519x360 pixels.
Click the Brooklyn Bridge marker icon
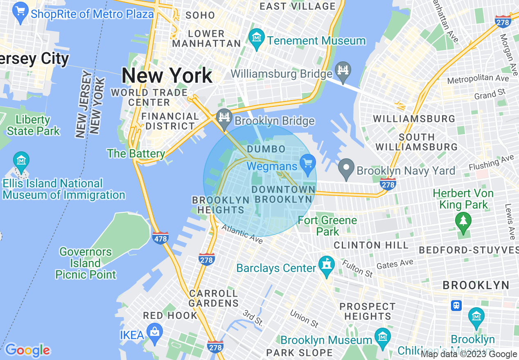click(224, 117)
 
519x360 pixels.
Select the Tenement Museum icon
click(257, 38)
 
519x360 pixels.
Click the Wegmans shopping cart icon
click(307, 163)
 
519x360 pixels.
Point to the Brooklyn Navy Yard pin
click(346, 168)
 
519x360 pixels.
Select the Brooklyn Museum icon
click(382, 336)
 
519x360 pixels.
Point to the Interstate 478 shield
click(160, 237)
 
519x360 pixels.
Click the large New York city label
click(167, 76)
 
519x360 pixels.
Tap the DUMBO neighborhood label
click(266, 148)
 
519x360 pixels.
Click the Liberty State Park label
click(33, 125)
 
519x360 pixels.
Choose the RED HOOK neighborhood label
click(170, 315)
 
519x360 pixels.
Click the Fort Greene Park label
click(327, 226)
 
